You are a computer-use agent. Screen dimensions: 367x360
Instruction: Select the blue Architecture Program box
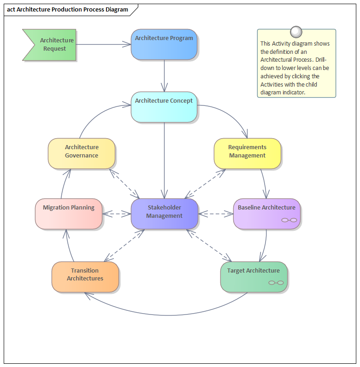164,45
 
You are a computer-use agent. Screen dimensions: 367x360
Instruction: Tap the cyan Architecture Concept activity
164,107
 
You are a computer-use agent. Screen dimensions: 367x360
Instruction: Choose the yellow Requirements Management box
247,153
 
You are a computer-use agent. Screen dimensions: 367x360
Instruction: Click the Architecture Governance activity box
82,153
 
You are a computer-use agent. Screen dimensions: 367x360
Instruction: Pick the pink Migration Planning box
69,214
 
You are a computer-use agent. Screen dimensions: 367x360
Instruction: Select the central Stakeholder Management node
165,214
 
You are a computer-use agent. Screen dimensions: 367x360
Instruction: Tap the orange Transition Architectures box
85,276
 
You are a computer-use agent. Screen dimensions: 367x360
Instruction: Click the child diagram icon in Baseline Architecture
289,221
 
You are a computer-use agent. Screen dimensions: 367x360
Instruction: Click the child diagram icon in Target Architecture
276,283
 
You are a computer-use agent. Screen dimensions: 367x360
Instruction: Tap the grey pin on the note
296,31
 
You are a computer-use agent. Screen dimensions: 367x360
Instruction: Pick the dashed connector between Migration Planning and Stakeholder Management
117,214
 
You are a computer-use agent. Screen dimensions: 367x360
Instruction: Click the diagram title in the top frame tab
68,10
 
